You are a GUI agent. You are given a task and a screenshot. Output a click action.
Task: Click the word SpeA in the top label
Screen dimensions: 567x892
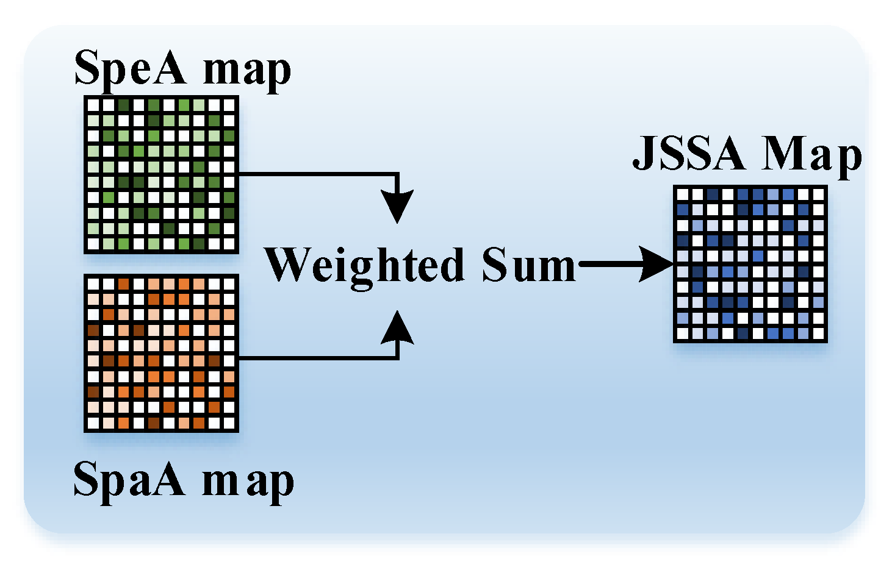pos(130,68)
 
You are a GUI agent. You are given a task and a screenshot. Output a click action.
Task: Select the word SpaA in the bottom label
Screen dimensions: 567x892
pos(129,480)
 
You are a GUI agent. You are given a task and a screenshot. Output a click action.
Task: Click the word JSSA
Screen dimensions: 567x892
pos(688,153)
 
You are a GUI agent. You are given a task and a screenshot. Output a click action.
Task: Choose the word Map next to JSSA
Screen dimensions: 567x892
pos(811,156)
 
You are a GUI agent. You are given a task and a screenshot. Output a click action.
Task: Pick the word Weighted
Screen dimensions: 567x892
pos(364,266)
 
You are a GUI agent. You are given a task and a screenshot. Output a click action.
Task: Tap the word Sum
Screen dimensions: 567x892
pos(528,266)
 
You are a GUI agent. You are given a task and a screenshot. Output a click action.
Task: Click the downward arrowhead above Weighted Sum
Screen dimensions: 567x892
pos(397,206)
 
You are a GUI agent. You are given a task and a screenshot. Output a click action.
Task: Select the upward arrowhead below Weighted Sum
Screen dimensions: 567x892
pos(397,328)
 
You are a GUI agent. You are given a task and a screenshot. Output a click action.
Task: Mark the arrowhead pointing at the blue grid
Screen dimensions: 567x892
pos(658,264)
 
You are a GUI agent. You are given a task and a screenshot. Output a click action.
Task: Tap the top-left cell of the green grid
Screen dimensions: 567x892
pos(93,105)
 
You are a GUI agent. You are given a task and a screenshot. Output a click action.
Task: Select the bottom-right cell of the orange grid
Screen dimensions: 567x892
pos(229,423)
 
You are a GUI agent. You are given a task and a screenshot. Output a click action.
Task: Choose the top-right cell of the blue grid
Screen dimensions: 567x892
pos(818,194)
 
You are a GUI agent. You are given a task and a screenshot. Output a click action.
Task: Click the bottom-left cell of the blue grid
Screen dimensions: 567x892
pos(682,333)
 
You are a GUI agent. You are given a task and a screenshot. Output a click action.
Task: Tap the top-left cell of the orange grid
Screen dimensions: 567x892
pos(93,284)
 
